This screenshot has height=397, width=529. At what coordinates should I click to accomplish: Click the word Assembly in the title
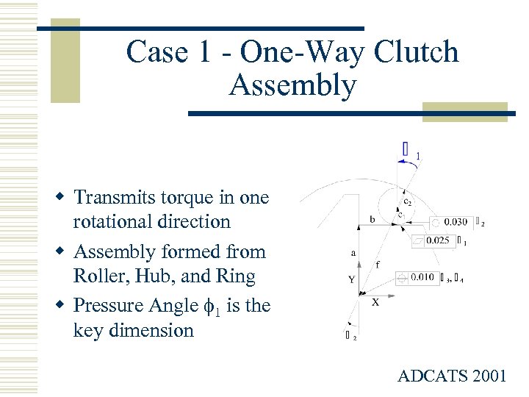292,85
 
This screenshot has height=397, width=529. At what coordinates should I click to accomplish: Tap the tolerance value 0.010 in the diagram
422,277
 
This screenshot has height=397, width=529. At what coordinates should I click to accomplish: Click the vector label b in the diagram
373,219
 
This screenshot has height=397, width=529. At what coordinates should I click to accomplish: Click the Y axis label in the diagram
351,279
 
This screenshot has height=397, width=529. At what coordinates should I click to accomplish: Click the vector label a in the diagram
354,252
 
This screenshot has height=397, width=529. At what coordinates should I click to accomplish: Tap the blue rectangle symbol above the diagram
406,149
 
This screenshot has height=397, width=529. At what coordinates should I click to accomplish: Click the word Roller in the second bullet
98,276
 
